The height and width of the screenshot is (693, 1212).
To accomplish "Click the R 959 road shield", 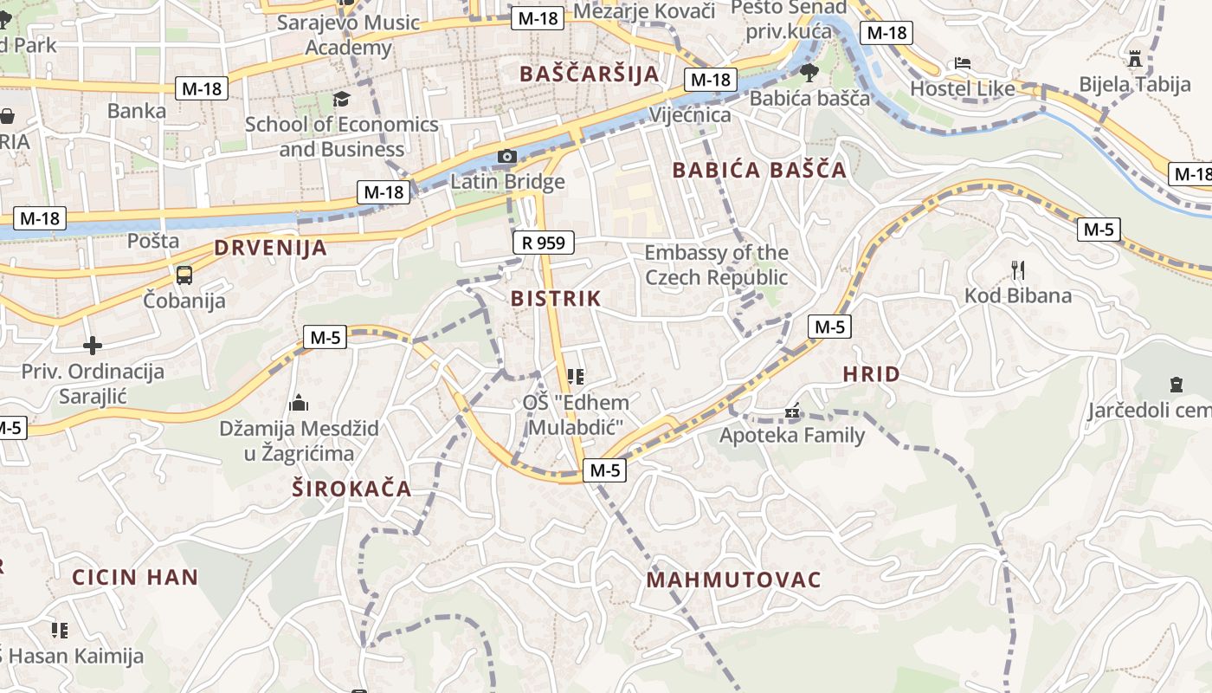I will [543, 243].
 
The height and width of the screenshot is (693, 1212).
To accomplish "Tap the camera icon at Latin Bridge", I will [507, 157].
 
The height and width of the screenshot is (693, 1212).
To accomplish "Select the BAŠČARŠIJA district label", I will [590, 74].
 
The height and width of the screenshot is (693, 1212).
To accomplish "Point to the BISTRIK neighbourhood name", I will [555, 299].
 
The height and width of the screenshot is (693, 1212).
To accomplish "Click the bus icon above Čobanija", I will [184, 275].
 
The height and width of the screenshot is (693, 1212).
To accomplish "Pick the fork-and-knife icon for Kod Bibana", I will [1018, 269].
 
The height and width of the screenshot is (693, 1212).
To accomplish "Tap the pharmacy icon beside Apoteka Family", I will [791, 411].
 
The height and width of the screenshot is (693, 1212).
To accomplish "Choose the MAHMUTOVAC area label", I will [733, 580].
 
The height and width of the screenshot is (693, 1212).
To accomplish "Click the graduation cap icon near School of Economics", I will [341, 99].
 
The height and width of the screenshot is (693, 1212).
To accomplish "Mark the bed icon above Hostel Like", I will [962, 62].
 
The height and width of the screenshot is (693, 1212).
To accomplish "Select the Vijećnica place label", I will [690, 114].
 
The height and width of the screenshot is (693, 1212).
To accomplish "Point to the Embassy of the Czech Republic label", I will [716, 265].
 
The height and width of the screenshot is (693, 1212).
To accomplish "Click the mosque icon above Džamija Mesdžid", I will [299, 403].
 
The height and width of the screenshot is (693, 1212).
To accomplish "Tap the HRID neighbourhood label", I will [871, 374].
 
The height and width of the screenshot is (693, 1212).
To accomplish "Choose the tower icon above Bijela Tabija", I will [1135, 59].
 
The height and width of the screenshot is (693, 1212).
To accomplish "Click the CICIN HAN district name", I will [135, 577].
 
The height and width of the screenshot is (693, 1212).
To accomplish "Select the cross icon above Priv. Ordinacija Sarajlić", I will [93, 346].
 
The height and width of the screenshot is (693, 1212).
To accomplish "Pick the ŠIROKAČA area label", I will [351, 489].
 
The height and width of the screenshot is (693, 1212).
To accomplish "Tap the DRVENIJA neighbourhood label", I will [271, 248].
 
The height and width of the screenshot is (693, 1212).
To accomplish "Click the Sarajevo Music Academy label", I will [348, 35].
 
